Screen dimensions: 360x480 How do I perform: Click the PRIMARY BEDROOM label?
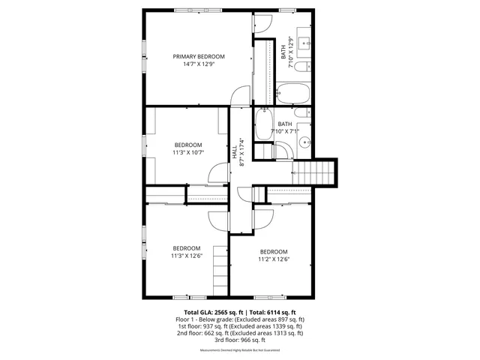tap(199, 56)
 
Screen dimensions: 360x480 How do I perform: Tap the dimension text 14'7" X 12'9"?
tap(199, 64)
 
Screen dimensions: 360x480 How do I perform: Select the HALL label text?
tap(235, 151)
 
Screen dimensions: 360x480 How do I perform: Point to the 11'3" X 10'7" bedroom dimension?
tap(189, 152)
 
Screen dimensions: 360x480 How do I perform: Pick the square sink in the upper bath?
tap(305, 42)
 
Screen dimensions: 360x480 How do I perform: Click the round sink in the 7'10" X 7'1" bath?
tap(304, 142)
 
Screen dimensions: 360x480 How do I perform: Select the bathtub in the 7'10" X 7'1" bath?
tap(264, 124)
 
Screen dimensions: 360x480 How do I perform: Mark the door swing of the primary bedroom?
tap(240, 96)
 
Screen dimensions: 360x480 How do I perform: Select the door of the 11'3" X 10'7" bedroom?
tap(217, 174)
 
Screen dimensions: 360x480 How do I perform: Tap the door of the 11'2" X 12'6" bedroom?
tap(263, 218)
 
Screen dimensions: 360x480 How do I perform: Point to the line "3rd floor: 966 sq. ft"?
tap(240, 339)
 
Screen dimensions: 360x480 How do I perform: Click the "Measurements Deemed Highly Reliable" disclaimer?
tap(240, 350)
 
